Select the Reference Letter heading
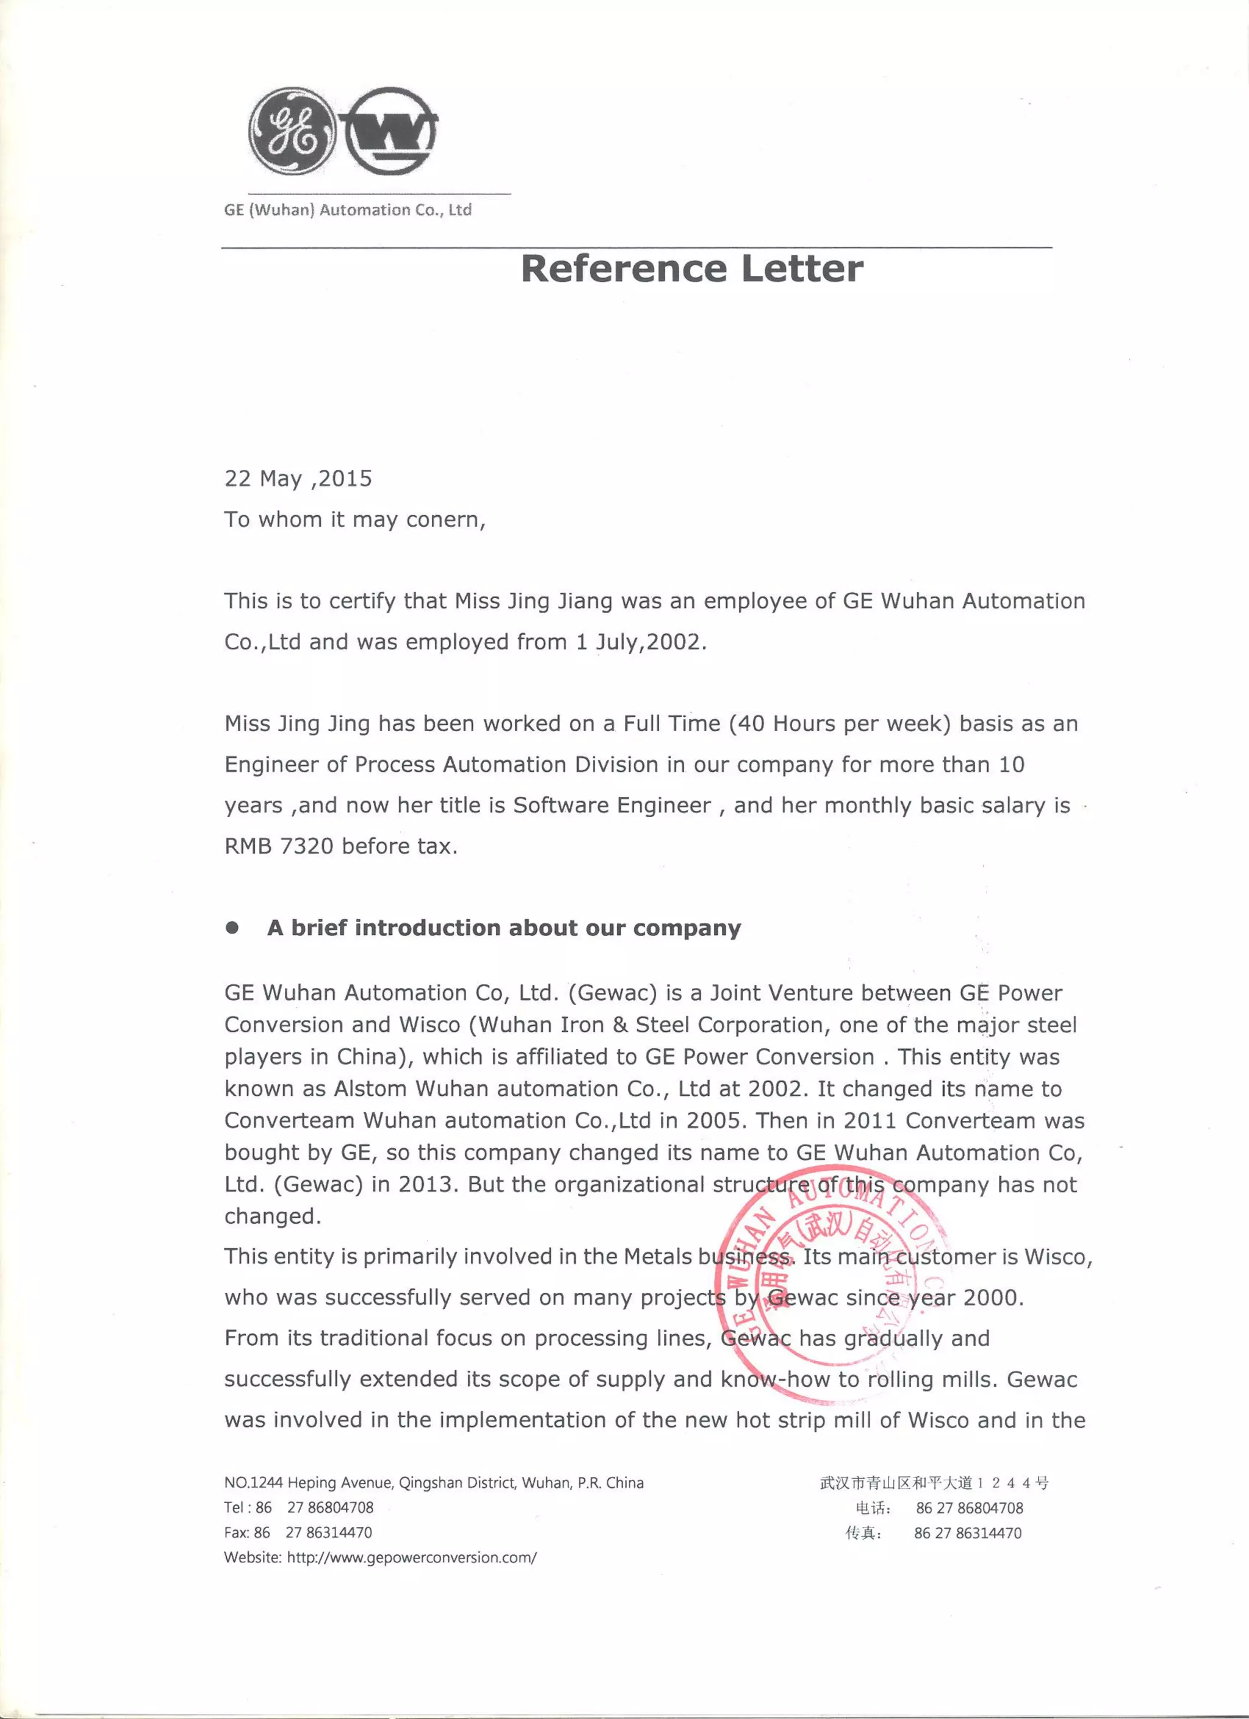click(x=691, y=269)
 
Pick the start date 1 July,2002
click(x=640, y=642)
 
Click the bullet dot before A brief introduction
click(x=233, y=927)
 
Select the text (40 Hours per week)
click(x=840, y=724)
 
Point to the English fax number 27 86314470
click(x=329, y=1532)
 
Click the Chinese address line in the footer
click(x=934, y=1483)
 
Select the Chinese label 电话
click(x=868, y=1508)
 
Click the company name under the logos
click(x=348, y=210)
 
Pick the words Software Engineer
click(x=612, y=805)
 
